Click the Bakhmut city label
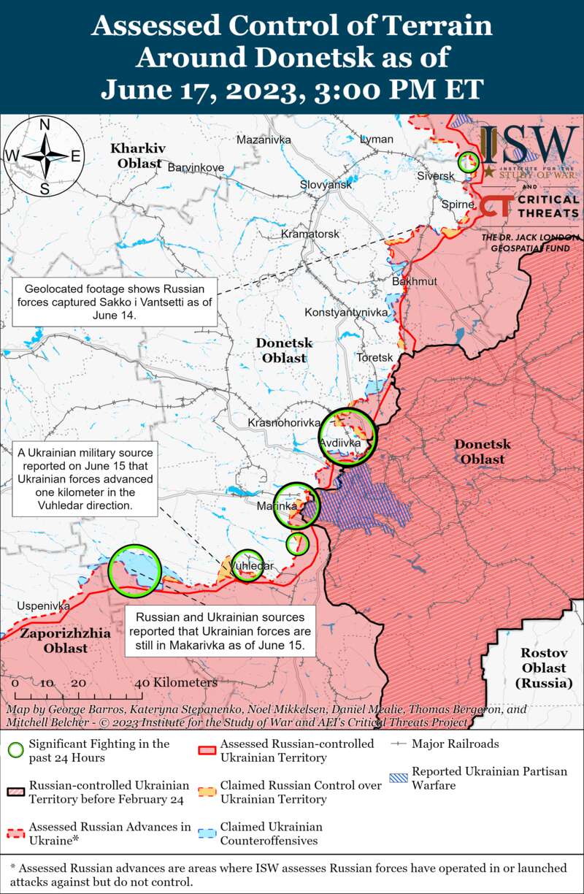415,281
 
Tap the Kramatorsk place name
310,234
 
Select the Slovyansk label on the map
326,185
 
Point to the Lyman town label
377,140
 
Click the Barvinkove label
196,167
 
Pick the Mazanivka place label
264,140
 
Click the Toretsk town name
374,357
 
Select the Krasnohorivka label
284,423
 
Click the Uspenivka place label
44,606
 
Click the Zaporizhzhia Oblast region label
65,640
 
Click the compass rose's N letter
45,124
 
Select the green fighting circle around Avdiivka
347,437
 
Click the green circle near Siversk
468,162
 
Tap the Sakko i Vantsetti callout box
116,302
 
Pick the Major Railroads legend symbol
398,744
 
